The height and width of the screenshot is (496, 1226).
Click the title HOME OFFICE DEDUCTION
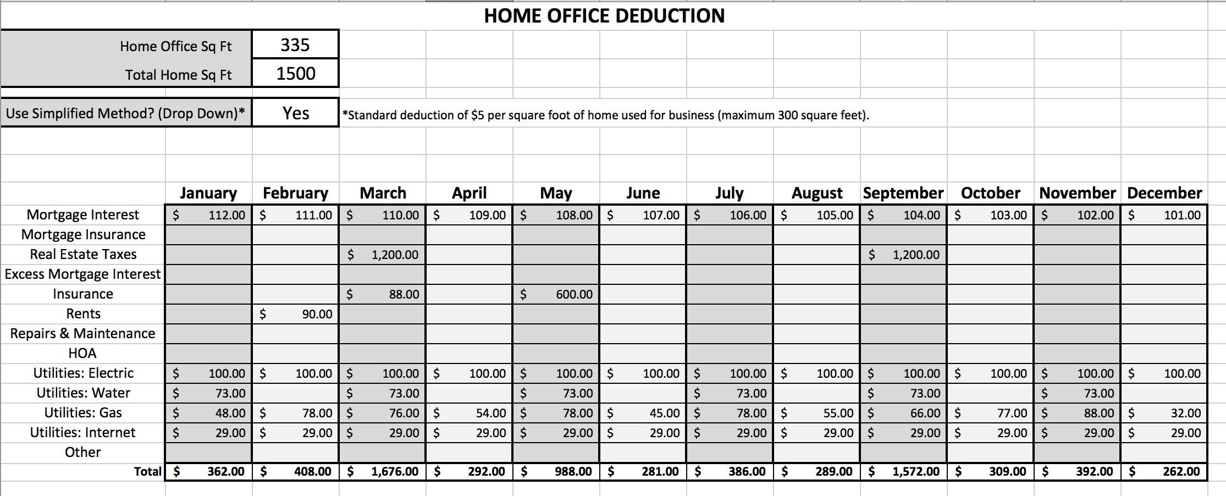[x=604, y=16]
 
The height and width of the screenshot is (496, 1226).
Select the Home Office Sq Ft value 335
[x=295, y=45]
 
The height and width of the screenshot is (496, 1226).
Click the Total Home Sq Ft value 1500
[x=295, y=74]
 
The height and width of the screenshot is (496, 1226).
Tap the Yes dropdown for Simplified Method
[x=295, y=113]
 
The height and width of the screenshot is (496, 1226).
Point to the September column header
[x=903, y=193]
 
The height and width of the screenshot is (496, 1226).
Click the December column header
[x=1164, y=193]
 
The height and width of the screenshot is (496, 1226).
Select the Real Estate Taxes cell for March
[x=383, y=255]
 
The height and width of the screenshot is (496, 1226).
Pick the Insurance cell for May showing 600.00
[x=556, y=294]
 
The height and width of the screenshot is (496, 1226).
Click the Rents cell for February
[x=296, y=314]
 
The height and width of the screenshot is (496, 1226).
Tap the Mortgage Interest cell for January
[x=209, y=215]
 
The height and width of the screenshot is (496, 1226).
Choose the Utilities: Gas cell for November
[x=1077, y=413]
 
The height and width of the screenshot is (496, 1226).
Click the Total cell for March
[x=383, y=472]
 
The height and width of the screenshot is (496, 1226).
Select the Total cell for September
[x=903, y=472]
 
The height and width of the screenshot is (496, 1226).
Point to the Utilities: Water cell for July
[x=730, y=393]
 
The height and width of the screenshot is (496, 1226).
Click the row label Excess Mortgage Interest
[x=82, y=274]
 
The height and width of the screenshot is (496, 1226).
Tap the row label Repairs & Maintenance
[x=82, y=333]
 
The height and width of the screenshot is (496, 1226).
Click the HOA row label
[x=82, y=353]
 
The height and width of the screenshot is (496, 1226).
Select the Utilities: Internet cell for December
[x=1164, y=433]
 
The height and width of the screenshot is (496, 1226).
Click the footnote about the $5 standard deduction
[x=605, y=115]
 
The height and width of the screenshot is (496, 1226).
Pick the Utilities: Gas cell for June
[x=643, y=413]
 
